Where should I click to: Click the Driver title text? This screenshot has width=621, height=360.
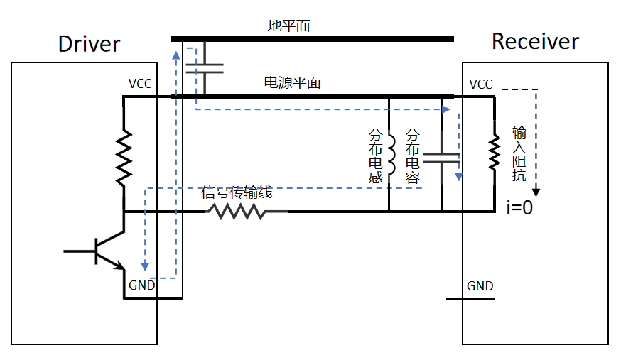click(89, 44)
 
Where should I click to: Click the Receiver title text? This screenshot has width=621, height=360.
click(535, 42)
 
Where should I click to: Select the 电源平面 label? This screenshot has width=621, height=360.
click(292, 82)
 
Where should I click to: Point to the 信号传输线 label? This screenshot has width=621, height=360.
click(237, 192)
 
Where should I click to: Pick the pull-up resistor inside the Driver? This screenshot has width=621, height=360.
click(124, 157)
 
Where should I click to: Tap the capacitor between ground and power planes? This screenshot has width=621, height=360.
click(204, 68)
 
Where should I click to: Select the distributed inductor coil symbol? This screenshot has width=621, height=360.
click(390, 156)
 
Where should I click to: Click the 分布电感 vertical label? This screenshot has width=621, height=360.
click(376, 156)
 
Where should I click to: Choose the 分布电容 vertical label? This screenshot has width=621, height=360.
click(412, 156)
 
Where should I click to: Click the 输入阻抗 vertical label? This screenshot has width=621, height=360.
click(519, 154)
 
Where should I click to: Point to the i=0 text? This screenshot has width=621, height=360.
click(519, 208)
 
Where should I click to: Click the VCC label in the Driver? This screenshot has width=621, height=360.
click(140, 84)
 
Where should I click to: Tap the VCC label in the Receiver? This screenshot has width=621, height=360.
click(481, 84)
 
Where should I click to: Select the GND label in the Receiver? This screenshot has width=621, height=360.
click(480, 286)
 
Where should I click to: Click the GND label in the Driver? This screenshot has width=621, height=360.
click(142, 285)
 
